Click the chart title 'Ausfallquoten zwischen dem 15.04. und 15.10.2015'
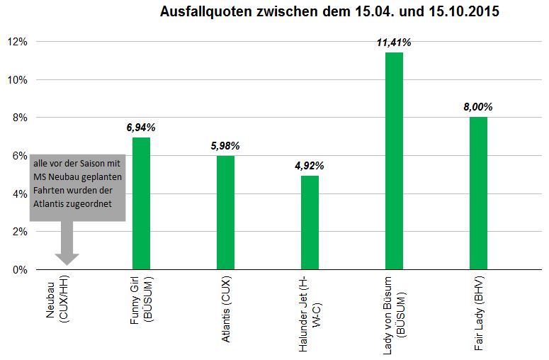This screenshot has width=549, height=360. pyautogui.click(x=329, y=13)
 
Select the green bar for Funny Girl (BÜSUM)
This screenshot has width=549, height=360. pyautogui.click(x=141, y=203)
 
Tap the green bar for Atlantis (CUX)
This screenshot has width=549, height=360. pyautogui.click(x=225, y=213)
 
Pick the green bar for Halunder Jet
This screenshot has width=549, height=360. pyautogui.click(x=310, y=223)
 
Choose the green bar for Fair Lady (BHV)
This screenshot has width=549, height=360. pyautogui.click(x=478, y=193)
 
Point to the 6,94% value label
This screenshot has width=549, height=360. pyautogui.click(x=140, y=128)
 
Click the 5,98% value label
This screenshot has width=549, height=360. pyautogui.click(x=225, y=146)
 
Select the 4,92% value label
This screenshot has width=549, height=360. pyautogui.click(x=310, y=166)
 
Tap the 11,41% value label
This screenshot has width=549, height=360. pyautogui.click(x=393, y=43)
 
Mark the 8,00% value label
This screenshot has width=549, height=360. pyautogui.click(x=477, y=107)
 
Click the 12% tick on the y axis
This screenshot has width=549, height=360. pyautogui.click(x=17, y=42)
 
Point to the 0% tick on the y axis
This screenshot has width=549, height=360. pyautogui.click(x=20, y=269)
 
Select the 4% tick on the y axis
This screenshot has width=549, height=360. pyautogui.click(x=20, y=193)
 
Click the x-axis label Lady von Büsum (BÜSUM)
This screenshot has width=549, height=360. pyautogui.click(x=394, y=315)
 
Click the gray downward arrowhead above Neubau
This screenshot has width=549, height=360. pyautogui.click(x=67, y=259)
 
